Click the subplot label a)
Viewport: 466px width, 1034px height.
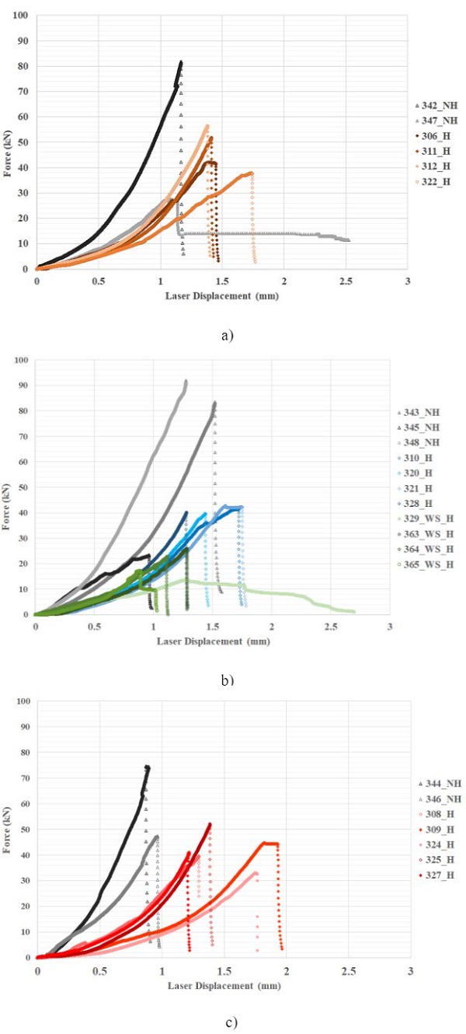pyautogui.click(x=228, y=336)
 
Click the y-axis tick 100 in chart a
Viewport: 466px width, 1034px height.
pyautogui.click(x=23, y=16)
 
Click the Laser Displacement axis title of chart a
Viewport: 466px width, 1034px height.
pyautogui.click(x=221, y=295)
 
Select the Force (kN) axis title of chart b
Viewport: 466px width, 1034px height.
pyautogui.click(x=9, y=487)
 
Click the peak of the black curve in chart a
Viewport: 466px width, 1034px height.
pyautogui.click(x=181, y=61)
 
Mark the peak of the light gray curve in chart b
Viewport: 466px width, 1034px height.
pyautogui.click(x=186, y=381)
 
